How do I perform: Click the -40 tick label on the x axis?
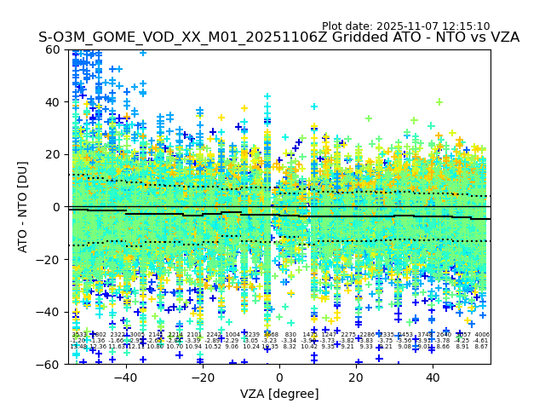point(125,377)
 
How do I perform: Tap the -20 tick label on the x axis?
point(202,377)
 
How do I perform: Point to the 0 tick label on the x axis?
point(279,377)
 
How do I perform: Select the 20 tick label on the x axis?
point(356,377)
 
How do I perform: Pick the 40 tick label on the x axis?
point(433,377)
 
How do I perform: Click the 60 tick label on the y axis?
point(54,49)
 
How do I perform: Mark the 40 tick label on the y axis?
point(54,102)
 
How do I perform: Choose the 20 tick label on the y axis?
point(54,154)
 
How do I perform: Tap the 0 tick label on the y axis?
point(57,207)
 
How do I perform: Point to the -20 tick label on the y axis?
point(50,259)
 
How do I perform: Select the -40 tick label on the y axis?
point(50,312)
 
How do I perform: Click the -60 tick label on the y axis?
point(50,364)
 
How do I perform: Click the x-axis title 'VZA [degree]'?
point(279,394)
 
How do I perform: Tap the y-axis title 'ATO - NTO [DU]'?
point(24,207)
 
